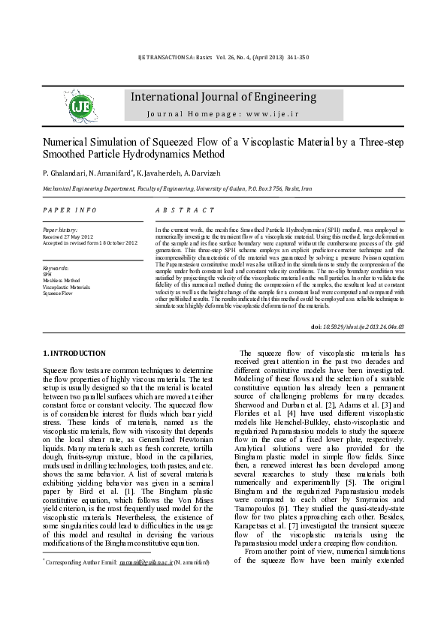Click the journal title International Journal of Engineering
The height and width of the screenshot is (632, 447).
223,98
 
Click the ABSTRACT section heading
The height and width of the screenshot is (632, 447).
185,210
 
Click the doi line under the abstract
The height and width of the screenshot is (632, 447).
367,327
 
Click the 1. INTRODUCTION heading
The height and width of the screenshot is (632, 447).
74,354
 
